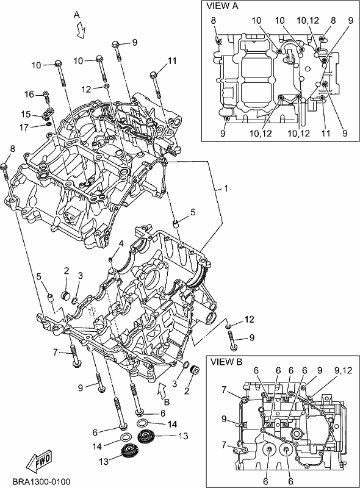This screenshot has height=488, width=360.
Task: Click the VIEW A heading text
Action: [x=222, y=6]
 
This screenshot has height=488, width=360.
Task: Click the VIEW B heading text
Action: [x=226, y=362]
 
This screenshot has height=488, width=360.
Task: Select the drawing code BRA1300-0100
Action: [x=41, y=481]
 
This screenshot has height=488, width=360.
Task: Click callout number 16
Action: [x=29, y=94]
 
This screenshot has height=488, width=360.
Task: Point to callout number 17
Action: [x=24, y=127]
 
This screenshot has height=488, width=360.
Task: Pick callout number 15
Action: [x=26, y=114]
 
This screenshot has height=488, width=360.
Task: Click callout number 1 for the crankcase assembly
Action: [x=226, y=188]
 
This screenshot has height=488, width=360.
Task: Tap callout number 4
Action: [x=121, y=243]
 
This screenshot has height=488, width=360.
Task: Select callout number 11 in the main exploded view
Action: [x=172, y=60]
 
